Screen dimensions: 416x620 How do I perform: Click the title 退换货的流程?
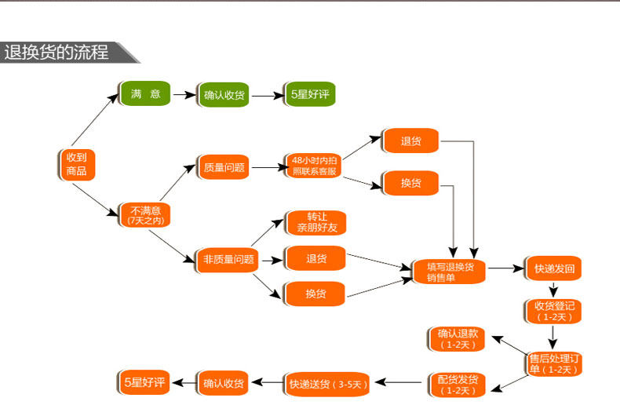57,53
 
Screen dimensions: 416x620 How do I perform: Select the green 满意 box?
145,94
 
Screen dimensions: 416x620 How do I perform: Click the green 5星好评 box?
308,94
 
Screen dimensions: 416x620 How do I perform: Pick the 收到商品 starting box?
76,164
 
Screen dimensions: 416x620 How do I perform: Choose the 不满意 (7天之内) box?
145,215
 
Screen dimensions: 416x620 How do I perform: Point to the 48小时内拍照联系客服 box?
313,166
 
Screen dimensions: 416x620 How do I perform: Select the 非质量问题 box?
228,259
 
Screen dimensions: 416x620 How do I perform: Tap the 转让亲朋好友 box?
315,223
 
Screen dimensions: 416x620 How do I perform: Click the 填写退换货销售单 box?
450,272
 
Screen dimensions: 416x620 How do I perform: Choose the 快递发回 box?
554,268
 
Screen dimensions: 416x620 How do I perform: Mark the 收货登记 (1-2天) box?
554,311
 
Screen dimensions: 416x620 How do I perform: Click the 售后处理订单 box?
554,363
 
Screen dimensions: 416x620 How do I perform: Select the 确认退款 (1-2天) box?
456,339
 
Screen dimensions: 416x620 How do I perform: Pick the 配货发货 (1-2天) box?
456,385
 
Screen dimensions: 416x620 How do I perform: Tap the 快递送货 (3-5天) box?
327,384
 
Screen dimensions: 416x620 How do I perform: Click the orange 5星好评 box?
144,383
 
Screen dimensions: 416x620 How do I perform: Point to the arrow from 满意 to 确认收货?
184,95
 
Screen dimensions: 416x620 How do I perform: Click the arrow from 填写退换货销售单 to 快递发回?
505,268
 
